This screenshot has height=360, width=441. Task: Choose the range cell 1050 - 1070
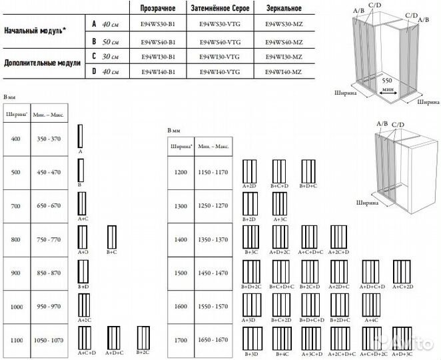coord(48,339)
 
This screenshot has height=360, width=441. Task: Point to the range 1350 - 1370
coord(213,239)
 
